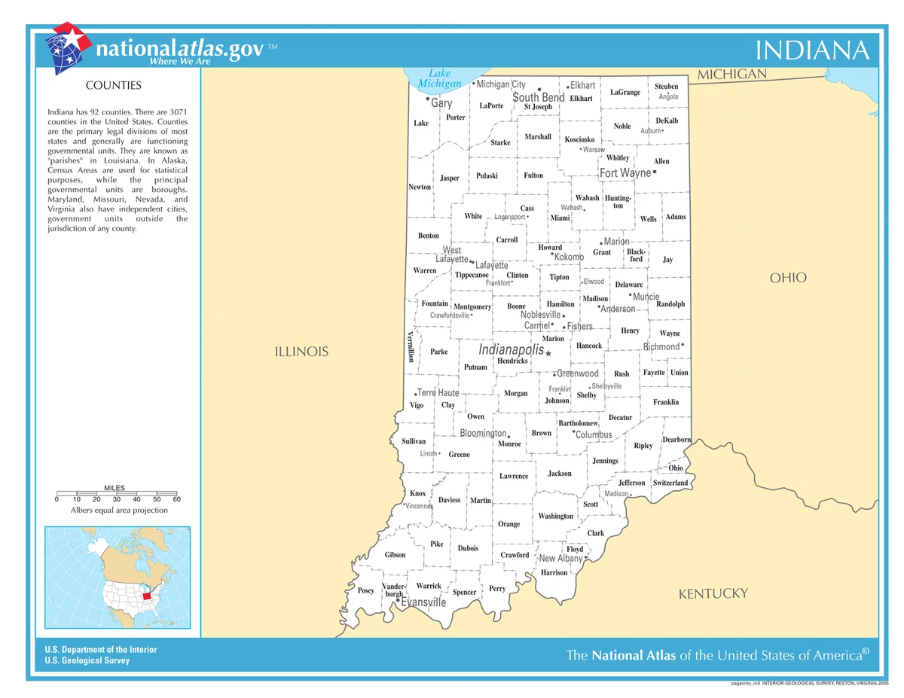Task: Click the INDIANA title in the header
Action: click(812, 50)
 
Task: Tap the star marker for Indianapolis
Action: click(548, 353)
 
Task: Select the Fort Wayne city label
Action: click(625, 173)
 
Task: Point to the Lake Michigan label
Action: click(439, 78)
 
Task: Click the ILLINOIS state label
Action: click(301, 352)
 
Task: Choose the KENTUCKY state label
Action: click(713, 594)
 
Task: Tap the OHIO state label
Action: click(788, 278)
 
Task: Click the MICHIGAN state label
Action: click(731, 75)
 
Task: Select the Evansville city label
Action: click(423, 602)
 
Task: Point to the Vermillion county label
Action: click(411, 346)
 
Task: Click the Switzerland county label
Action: click(670, 483)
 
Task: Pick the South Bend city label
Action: click(539, 98)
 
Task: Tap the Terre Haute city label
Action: click(438, 393)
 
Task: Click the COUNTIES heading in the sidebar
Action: click(114, 86)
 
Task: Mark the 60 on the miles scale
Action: click(176, 499)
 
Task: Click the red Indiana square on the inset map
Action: click(147, 596)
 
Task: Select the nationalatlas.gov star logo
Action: click(67, 47)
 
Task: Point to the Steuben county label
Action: click(667, 87)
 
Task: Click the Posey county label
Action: click(365, 591)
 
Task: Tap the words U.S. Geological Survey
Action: click(87, 660)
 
